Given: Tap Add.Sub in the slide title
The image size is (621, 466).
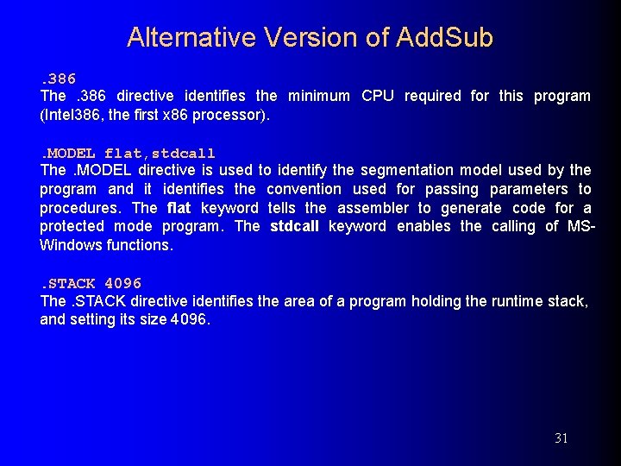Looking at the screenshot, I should pyautogui.click(x=445, y=38).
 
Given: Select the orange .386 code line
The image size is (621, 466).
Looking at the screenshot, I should pyautogui.click(x=59, y=79).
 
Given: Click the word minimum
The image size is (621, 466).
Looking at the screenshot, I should pyautogui.click(x=318, y=96).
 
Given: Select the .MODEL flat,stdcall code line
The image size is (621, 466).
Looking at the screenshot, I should pyautogui.click(x=128, y=154).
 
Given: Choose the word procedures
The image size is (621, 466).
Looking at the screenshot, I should pyautogui.click(x=80, y=208).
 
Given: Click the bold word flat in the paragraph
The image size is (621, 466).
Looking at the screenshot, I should pyautogui.click(x=179, y=208).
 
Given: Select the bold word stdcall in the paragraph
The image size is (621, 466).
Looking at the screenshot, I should pyautogui.click(x=294, y=226).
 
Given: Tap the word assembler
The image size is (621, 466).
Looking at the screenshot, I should pyautogui.click(x=373, y=208).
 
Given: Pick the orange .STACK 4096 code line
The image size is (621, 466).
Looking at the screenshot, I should pyautogui.click(x=91, y=283).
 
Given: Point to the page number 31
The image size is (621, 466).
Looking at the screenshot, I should pyautogui.click(x=561, y=438).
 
